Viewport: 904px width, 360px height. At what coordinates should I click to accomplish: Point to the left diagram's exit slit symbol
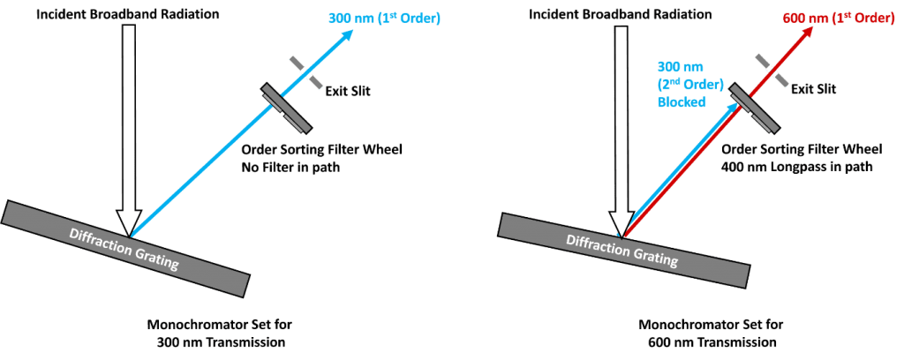[x=303, y=71]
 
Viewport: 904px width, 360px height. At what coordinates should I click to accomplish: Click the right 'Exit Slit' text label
[x=813, y=89]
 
